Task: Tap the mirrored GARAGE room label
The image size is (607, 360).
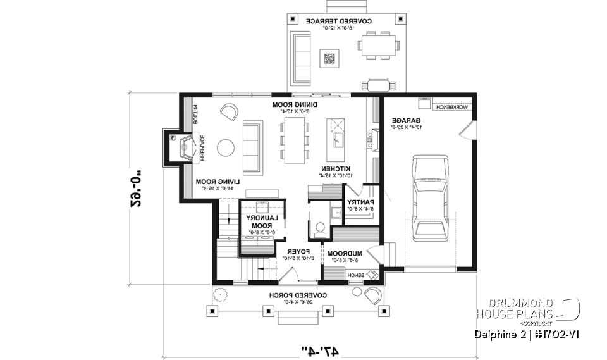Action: [403, 120]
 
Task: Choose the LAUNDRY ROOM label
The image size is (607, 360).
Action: [261, 221]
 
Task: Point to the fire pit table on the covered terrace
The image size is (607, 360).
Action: [329, 59]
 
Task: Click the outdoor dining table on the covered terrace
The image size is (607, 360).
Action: [379, 45]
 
